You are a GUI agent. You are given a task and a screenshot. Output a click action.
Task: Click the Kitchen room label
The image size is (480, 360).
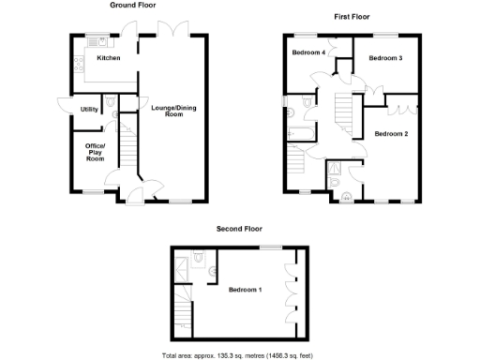tap(109, 58)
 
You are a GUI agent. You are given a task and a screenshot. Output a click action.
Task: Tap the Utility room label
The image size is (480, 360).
tap(89, 110)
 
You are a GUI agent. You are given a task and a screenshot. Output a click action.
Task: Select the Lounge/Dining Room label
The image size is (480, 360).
tap(167, 110)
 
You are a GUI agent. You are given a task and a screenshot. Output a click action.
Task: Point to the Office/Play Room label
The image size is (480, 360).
tap(96, 154)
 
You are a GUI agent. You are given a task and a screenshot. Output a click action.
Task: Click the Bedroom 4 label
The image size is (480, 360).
tap(308, 52)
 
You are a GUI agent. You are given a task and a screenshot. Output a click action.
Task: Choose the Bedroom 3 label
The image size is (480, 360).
tap(385, 58)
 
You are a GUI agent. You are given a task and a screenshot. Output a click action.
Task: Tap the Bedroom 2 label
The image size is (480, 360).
tap(391, 134)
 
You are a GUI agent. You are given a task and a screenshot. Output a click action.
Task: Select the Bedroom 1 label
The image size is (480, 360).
tap(245, 289)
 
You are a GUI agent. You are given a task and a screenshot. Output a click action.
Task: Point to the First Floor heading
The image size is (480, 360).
tap(352, 17)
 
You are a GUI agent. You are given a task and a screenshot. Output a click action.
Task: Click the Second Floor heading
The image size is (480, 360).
tap(239, 229)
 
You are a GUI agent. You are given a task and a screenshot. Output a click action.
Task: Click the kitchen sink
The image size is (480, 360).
tap(95, 41)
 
